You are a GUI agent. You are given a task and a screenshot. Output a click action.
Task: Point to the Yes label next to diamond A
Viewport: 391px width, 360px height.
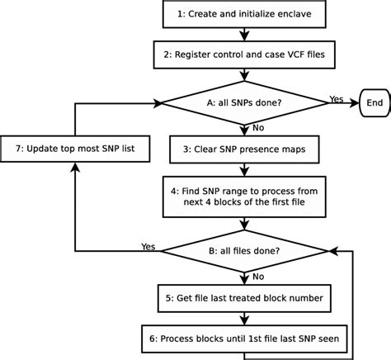336,97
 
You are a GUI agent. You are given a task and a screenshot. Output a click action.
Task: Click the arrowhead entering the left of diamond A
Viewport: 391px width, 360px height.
158,105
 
